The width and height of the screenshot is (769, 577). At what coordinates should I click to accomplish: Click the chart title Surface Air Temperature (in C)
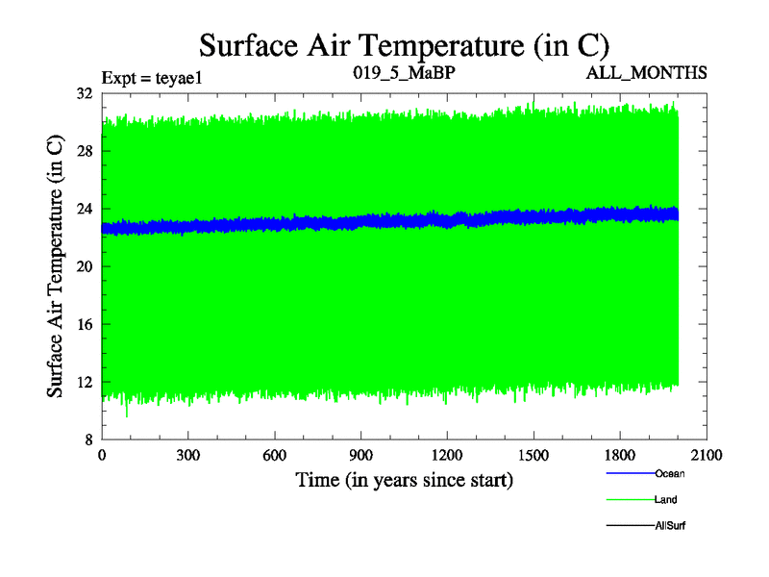[x=404, y=45]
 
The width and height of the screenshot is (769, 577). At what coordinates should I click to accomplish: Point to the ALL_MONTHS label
[x=653, y=72]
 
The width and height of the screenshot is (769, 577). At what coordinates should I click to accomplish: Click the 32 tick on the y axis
[x=84, y=94]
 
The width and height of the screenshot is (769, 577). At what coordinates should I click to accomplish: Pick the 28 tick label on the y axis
[x=84, y=152]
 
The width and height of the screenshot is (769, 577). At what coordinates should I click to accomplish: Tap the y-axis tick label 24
[x=84, y=210]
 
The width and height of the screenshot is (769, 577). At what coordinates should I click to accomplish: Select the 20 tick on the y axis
[x=84, y=267]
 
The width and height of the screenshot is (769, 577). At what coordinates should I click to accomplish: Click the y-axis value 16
[x=84, y=325]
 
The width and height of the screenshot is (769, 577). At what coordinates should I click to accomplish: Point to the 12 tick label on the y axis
[x=84, y=383]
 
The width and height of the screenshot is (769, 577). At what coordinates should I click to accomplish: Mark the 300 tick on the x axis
[x=188, y=457]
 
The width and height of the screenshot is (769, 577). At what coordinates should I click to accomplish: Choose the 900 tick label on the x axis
[x=361, y=457]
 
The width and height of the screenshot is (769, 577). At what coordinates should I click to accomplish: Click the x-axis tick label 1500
[x=533, y=457]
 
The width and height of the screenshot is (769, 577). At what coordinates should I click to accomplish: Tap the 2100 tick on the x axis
[x=707, y=457]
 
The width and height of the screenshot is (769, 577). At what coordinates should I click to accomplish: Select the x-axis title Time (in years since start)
[x=404, y=480]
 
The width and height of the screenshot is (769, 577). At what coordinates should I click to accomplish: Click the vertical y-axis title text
[x=57, y=267]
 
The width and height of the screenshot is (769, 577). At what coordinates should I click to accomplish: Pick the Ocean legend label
[x=670, y=473]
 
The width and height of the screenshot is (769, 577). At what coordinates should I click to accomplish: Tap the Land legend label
[x=666, y=500]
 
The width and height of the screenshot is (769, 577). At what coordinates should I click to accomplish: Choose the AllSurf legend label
[x=670, y=526]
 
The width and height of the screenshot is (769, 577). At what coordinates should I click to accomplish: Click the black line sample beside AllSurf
[x=630, y=525]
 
